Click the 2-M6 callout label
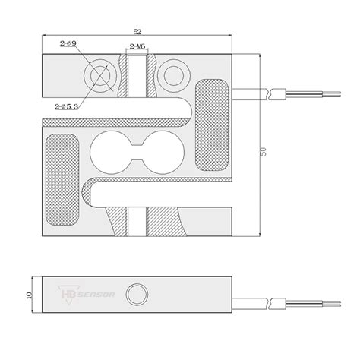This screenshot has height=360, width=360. click(x=138, y=47)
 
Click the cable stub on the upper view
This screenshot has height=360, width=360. click(x=251, y=95)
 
